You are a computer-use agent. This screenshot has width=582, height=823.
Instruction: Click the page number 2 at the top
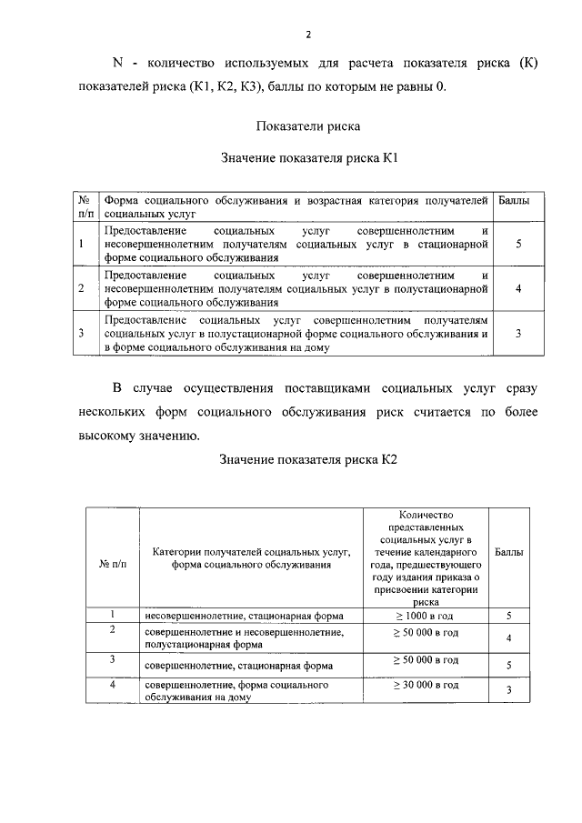tap(308, 35)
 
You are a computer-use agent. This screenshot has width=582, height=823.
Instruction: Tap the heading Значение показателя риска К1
tap(309, 157)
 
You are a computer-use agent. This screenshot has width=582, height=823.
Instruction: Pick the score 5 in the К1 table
tap(517, 244)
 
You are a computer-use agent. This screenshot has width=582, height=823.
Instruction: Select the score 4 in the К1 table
tap(517, 288)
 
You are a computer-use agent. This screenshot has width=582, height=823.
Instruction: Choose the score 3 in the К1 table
tap(517, 333)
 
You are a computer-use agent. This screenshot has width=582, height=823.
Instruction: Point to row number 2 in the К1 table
tap(82, 288)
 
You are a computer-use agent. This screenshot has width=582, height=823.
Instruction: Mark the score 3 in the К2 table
tap(510, 691)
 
